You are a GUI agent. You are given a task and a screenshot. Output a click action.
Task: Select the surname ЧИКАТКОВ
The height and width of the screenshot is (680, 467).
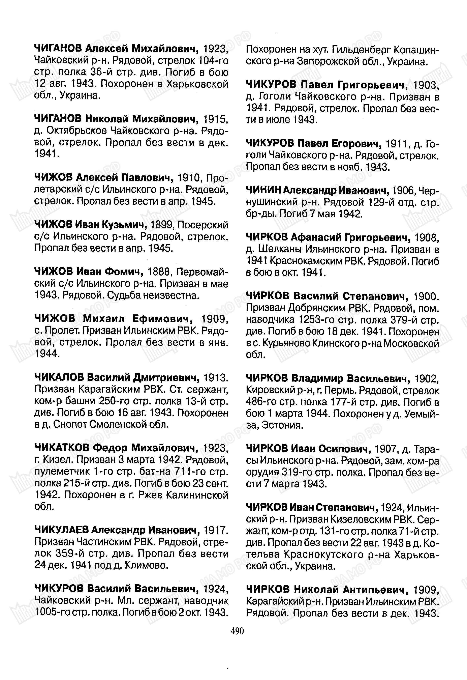pos(62,448)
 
